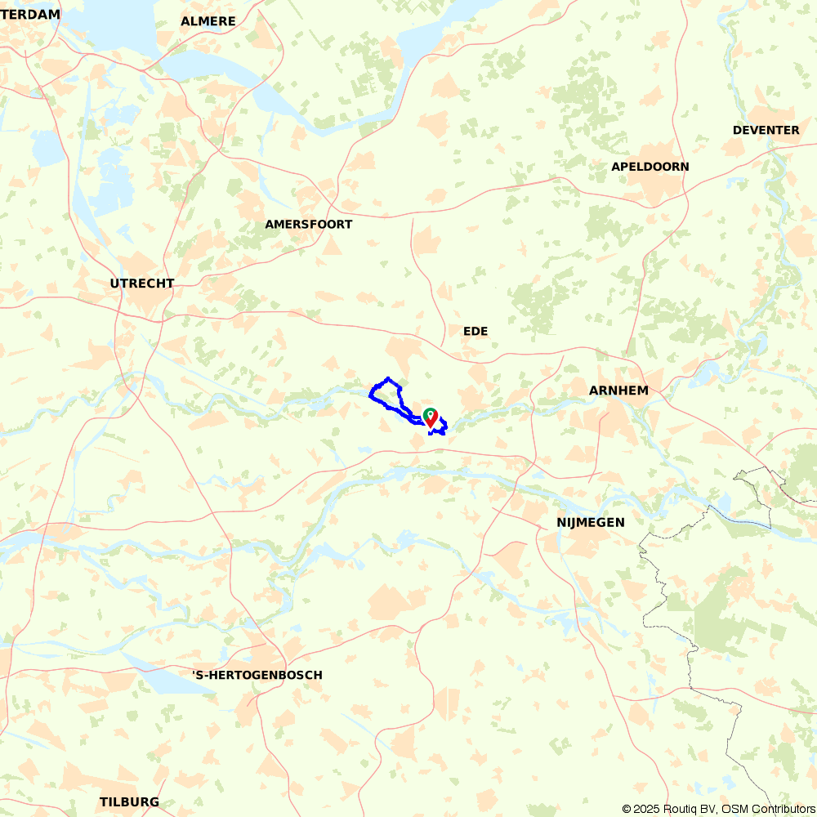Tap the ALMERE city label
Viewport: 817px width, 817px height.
(208, 21)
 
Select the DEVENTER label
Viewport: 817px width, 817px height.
(766, 130)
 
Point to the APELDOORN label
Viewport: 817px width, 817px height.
(650, 167)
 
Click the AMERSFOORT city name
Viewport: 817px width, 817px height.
(309, 224)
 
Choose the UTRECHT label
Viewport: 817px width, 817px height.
(142, 283)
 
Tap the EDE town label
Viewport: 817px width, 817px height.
(475, 331)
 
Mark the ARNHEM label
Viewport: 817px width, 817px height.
(618, 391)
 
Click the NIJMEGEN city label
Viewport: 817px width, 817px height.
(590, 522)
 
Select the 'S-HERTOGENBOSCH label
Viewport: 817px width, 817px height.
(257, 675)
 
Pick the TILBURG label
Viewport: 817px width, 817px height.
(129, 801)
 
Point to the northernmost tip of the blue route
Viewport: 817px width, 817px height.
(388, 378)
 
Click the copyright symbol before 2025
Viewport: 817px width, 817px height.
(627, 809)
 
